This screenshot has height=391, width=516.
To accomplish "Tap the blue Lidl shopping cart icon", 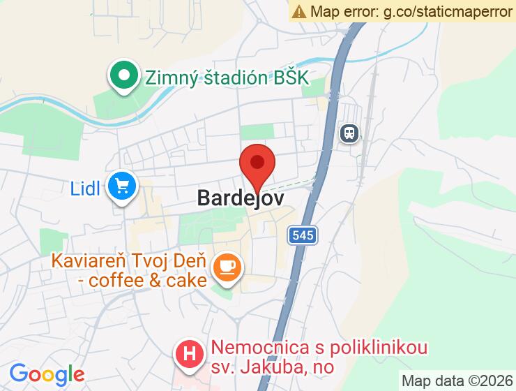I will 123,186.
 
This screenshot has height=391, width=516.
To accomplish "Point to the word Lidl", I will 86,187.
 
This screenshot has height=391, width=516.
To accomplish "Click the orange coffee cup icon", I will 227,267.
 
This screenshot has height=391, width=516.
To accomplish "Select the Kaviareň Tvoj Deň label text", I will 129,263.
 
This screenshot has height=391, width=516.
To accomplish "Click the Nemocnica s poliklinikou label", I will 319,347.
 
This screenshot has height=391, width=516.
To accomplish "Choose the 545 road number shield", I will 303,236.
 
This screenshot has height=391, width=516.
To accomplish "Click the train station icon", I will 349,132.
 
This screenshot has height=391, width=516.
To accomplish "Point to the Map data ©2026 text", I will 457,381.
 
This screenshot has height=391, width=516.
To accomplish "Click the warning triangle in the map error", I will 299,11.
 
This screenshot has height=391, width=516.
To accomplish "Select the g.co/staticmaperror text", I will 449,11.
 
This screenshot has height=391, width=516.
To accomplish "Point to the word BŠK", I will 290,77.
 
